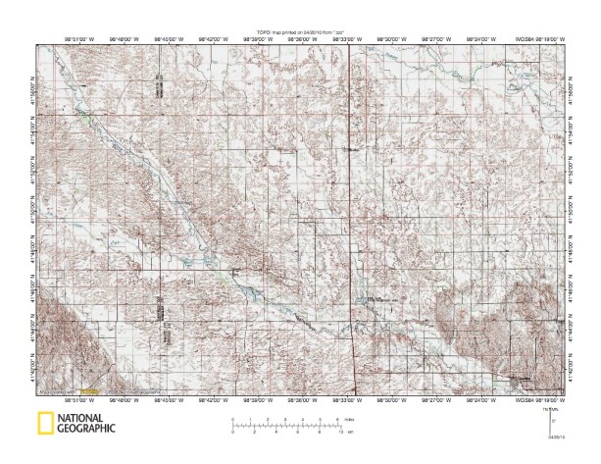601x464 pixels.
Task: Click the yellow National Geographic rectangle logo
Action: click(45, 424)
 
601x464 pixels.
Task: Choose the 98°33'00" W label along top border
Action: click(346, 40)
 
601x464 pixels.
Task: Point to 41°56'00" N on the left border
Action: click(33, 88)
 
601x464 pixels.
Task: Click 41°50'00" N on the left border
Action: click(33, 218)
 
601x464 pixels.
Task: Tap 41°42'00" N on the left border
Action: click(33, 377)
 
